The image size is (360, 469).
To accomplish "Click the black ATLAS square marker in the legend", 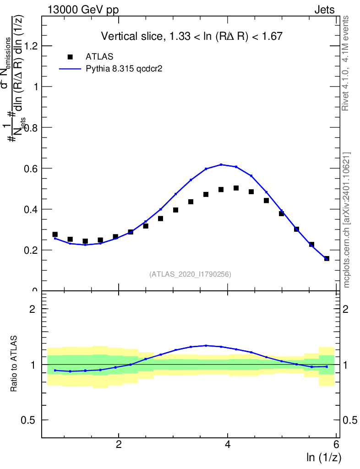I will click(70, 57).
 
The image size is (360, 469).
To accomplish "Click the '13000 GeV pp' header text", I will click(83, 10).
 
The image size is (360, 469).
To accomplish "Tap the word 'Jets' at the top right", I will click(324, 10).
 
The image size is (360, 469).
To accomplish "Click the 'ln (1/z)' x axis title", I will click(324, 457).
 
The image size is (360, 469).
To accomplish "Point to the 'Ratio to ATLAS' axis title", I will click(15, 364).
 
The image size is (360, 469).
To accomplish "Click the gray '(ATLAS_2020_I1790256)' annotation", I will click(190, 274).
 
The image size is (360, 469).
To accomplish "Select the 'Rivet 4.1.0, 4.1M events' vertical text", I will click(346, 63).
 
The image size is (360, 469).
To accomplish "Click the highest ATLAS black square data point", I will click(236, 188).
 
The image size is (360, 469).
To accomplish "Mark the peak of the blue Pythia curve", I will click(221, 164).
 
